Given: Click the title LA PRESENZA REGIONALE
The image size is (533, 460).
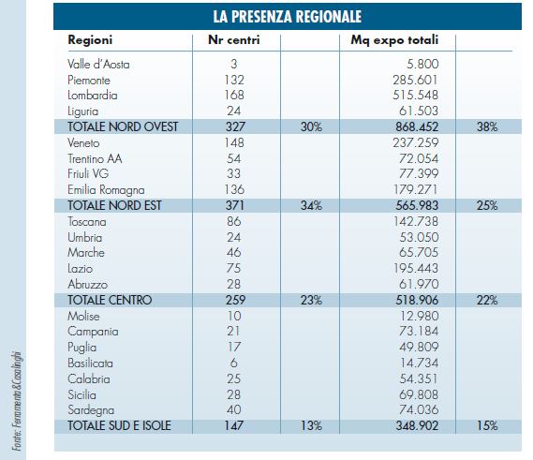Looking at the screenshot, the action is [288, 17].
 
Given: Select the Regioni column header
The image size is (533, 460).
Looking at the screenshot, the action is [90, 40].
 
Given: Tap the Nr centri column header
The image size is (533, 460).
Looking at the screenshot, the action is [234, 40].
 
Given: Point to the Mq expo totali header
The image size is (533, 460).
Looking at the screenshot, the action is [394, 40].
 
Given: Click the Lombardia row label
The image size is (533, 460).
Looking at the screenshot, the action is [93, 96].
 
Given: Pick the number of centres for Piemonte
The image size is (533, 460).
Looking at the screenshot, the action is [234, 80].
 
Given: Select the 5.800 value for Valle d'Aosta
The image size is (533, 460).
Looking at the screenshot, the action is [422, 64].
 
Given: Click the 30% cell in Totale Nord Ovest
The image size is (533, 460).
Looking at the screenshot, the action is [311, 127].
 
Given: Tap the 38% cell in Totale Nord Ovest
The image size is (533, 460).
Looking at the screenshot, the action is [487, 127].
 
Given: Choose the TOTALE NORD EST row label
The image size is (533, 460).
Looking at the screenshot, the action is [114, 206].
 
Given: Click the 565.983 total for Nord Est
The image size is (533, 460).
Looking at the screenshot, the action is [417, 206].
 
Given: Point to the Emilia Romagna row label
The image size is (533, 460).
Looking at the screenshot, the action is [106, 190].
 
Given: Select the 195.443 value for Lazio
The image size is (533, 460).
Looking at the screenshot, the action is [416, 268].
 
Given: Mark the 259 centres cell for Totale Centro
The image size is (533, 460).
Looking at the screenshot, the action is [235, 300].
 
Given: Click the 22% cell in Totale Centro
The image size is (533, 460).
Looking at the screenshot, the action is [487, 301].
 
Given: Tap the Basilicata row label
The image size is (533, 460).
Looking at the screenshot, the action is [90, 364].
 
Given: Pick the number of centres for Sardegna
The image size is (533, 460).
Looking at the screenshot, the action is [234, 409].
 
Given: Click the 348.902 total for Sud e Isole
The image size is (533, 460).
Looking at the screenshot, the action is [417, 425].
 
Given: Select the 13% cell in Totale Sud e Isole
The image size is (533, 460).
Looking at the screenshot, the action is [311, 425].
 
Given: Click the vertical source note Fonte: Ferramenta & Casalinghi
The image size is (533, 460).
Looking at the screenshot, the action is [18, 401].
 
